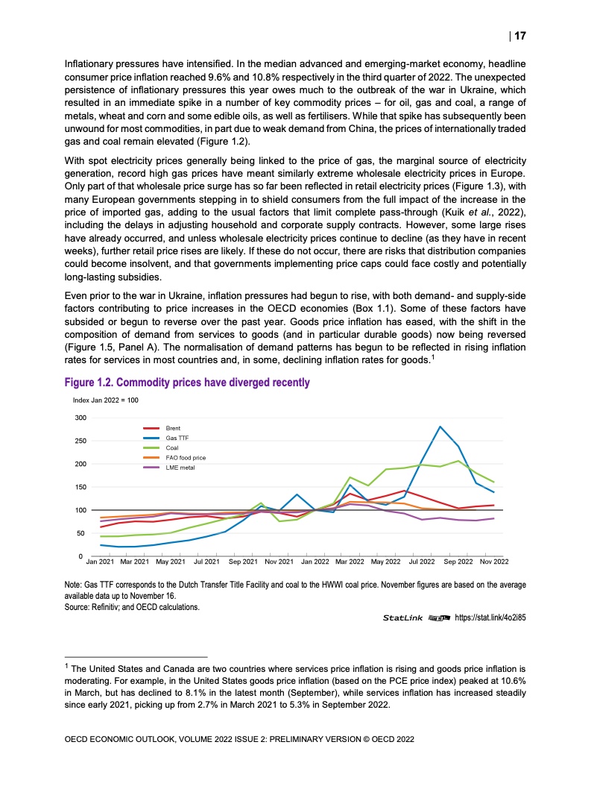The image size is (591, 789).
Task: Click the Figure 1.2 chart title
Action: tap(187, 383)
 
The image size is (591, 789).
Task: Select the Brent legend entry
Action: tap(174, 429)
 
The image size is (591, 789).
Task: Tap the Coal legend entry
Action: tap(172, 448)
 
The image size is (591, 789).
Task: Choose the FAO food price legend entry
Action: tap(185, 457)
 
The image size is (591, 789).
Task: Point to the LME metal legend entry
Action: tap(180, 467)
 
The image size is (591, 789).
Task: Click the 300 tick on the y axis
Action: tap(80, 418)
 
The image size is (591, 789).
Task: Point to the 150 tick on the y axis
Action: tap(80, 487)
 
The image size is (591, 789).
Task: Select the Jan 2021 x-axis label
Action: tap(100, 560)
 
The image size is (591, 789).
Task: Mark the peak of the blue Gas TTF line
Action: tap(440, 427)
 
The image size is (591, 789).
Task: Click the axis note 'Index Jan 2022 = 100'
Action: tap(106, 400)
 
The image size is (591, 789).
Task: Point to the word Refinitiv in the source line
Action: tap(108, 607)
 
